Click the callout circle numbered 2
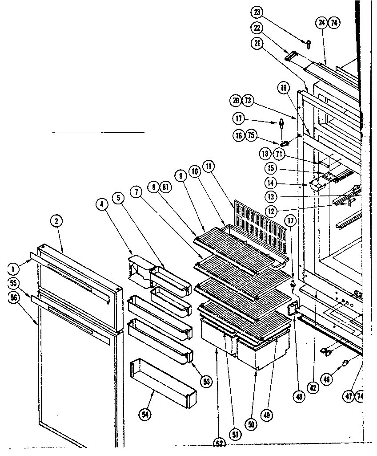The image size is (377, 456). (x=56, y=220)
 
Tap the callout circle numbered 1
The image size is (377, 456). (x=14, y=269)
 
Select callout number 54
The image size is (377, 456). (x=145, y=415)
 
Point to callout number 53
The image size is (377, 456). (x=206, y=381)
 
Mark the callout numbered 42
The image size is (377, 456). (x=313, y=388)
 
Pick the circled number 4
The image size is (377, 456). (x=102, y=204)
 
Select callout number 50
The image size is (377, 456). (x=252, y=424)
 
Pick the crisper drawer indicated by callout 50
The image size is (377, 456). (x=262, y=352)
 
